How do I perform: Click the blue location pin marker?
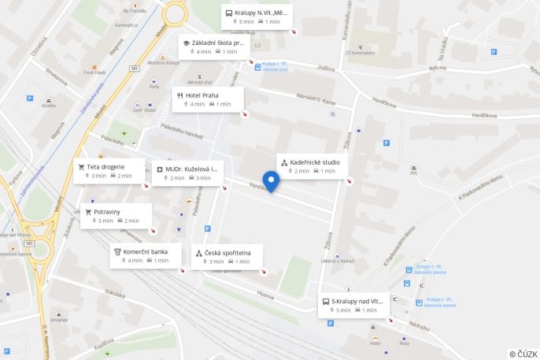[x=271, y=180]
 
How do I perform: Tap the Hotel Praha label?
[x=202, y=95]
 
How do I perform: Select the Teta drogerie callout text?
[x=105, y=166]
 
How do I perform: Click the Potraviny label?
[x=107, y=212]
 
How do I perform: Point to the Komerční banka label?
[x=145, y=251]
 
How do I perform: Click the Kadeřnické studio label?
[x=315, y=162]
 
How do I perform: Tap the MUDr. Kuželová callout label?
[x=192, y=169]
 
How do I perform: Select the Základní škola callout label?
[x=218, y=43]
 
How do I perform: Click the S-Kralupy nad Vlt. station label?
[x=357, y=301]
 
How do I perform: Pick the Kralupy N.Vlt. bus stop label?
[x=261, y=13]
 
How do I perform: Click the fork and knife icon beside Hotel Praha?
[x=180, y=95]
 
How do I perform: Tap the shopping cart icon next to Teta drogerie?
[x=81, y=166]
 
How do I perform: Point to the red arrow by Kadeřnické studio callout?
[x=350, y=181]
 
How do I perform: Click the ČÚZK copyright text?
[x=523, y=354]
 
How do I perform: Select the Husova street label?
[x=265, y=295]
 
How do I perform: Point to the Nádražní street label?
[x=420, y=325]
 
